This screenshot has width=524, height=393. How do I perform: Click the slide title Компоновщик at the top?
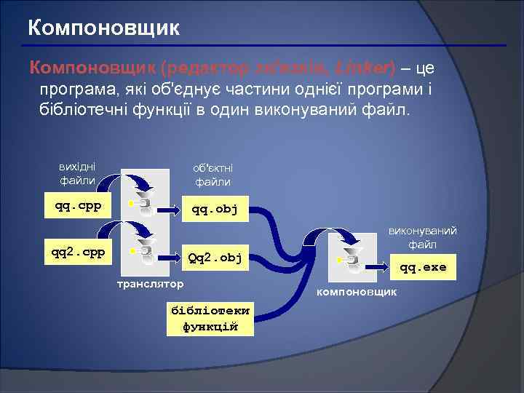(x=103, y=29)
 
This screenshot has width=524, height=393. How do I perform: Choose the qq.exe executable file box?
(x=423, y=267)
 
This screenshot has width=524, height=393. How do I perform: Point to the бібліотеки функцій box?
(x=210, y=317)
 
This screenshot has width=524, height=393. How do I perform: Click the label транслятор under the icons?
(x=151, y=282)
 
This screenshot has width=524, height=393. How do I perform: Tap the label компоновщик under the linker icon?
(x=356, y=292)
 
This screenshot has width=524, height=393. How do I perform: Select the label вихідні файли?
(x=77, y=173)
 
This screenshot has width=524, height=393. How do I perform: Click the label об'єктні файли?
(x=213, y=175)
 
